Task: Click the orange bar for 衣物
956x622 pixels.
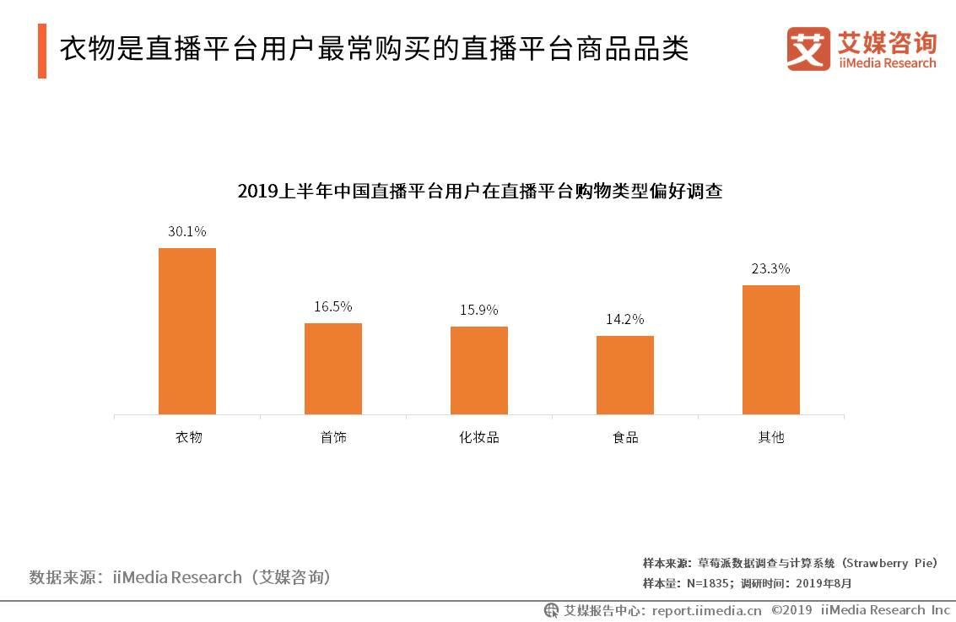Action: point(187,331)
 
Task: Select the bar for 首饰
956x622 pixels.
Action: point(332,368)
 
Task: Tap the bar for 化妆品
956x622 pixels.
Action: point(478,370)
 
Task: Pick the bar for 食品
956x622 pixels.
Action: point(624,375)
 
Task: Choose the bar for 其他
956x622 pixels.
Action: point(770,349)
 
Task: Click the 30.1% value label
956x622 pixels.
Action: point(186,231)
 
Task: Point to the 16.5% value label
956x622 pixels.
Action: point(332,306)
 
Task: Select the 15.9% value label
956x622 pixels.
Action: point(478,310)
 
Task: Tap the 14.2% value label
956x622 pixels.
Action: point(624,319)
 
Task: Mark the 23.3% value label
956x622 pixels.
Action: point(770,268)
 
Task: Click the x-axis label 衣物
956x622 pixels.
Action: point(188,437)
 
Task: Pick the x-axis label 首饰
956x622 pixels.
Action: point(333,437)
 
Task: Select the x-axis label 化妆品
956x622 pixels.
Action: point(478,437)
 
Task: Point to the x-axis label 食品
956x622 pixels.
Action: point(625,437)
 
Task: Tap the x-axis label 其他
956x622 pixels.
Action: point(771,437)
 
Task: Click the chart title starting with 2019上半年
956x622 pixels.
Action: point(479,191)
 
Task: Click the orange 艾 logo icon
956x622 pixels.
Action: point(808,49)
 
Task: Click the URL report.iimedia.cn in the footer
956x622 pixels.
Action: point(706,610)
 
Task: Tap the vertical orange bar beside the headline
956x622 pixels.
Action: point(42,51)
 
